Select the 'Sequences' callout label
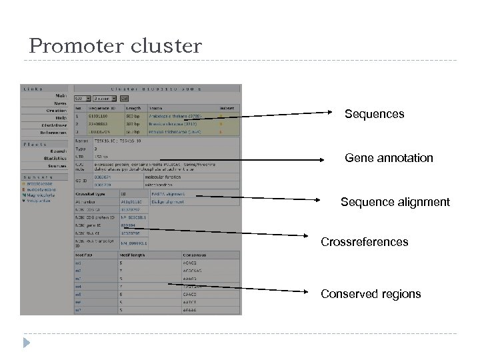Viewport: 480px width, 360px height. [x=374, y=114]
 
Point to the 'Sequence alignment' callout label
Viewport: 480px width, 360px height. [x=395, y=201]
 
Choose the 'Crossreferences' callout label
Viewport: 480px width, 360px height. [x=365, y=242]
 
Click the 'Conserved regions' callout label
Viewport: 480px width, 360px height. [x=371, y=293]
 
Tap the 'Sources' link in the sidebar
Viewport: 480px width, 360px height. [x=57, y=166]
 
